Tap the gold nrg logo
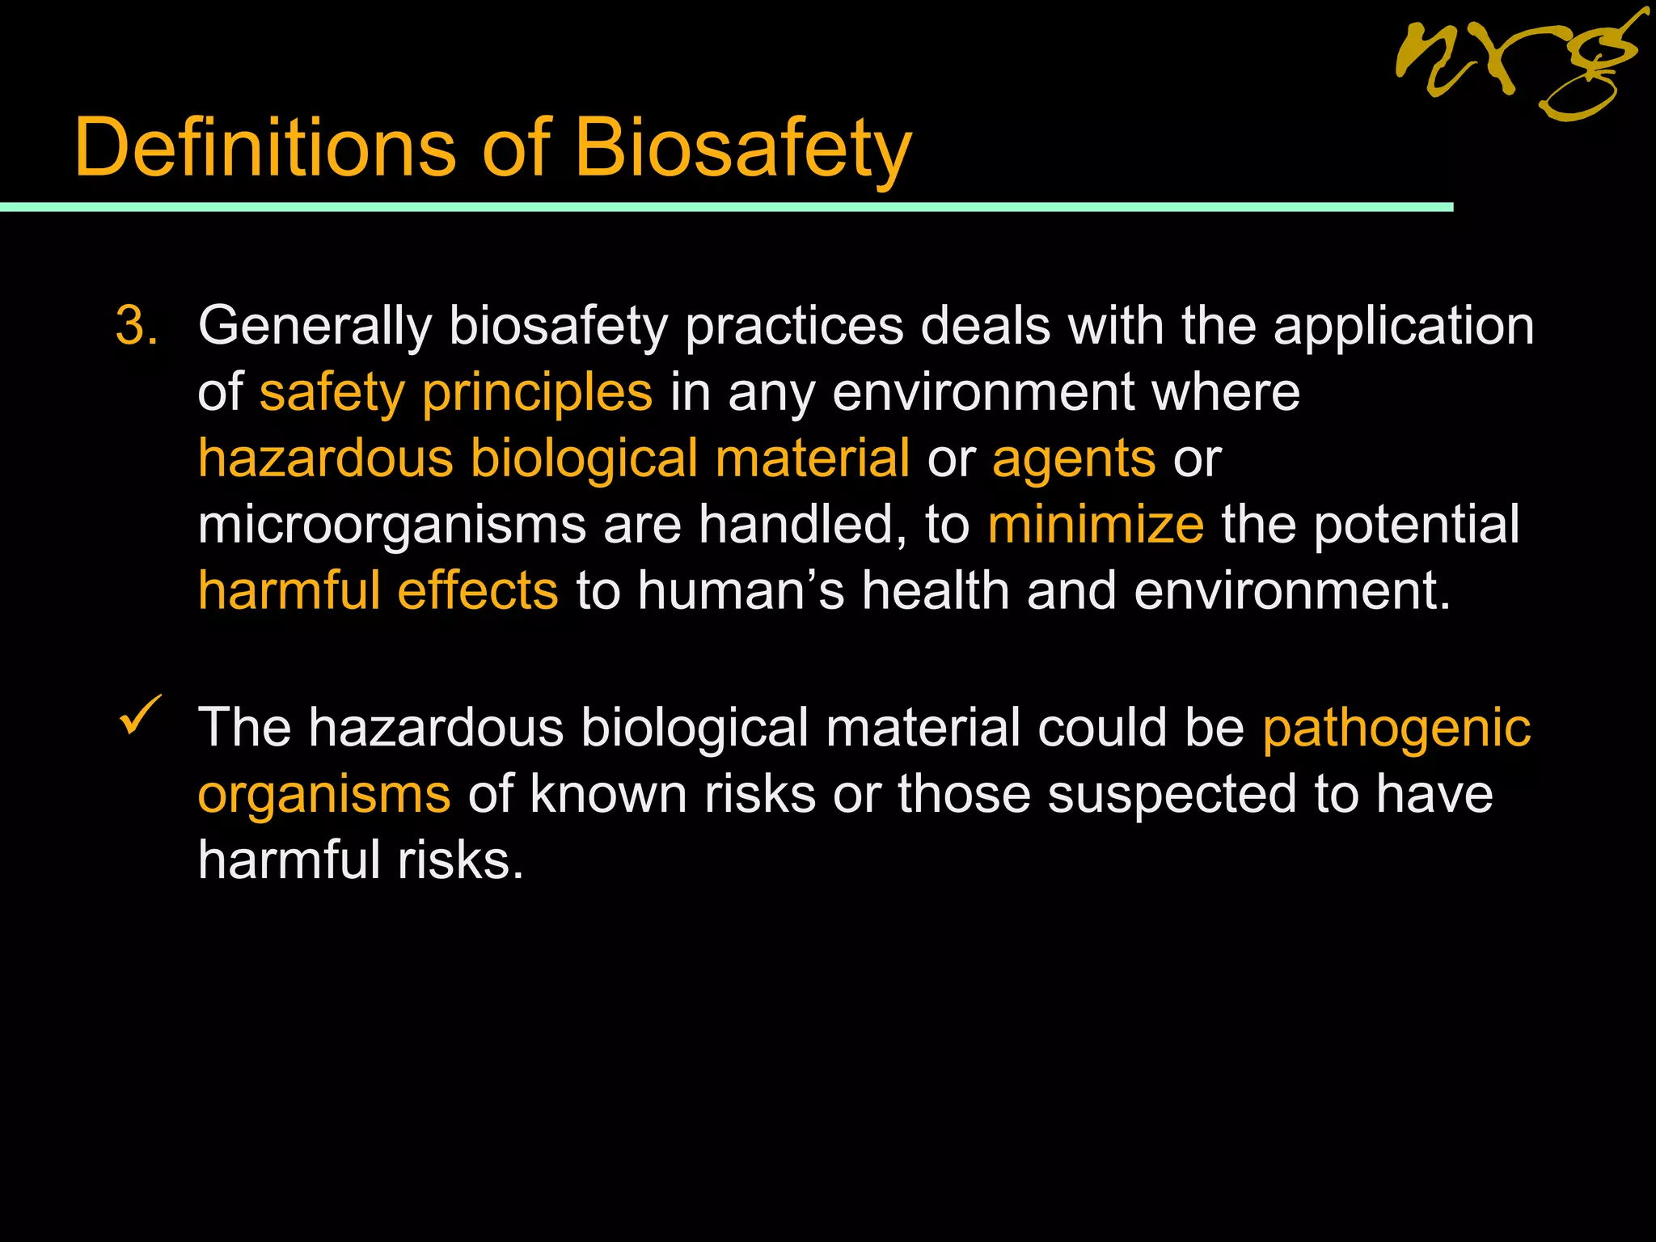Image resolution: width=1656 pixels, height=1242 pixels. [1520, 69]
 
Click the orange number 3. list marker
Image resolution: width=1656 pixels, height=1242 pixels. [137, 327]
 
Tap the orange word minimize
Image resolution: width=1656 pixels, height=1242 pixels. [1095, 525]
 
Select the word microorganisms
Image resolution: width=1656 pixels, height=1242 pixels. [391, 526]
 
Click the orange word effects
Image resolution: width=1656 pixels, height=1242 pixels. [477, 591]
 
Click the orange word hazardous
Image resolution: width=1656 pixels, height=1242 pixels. [325, 458]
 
